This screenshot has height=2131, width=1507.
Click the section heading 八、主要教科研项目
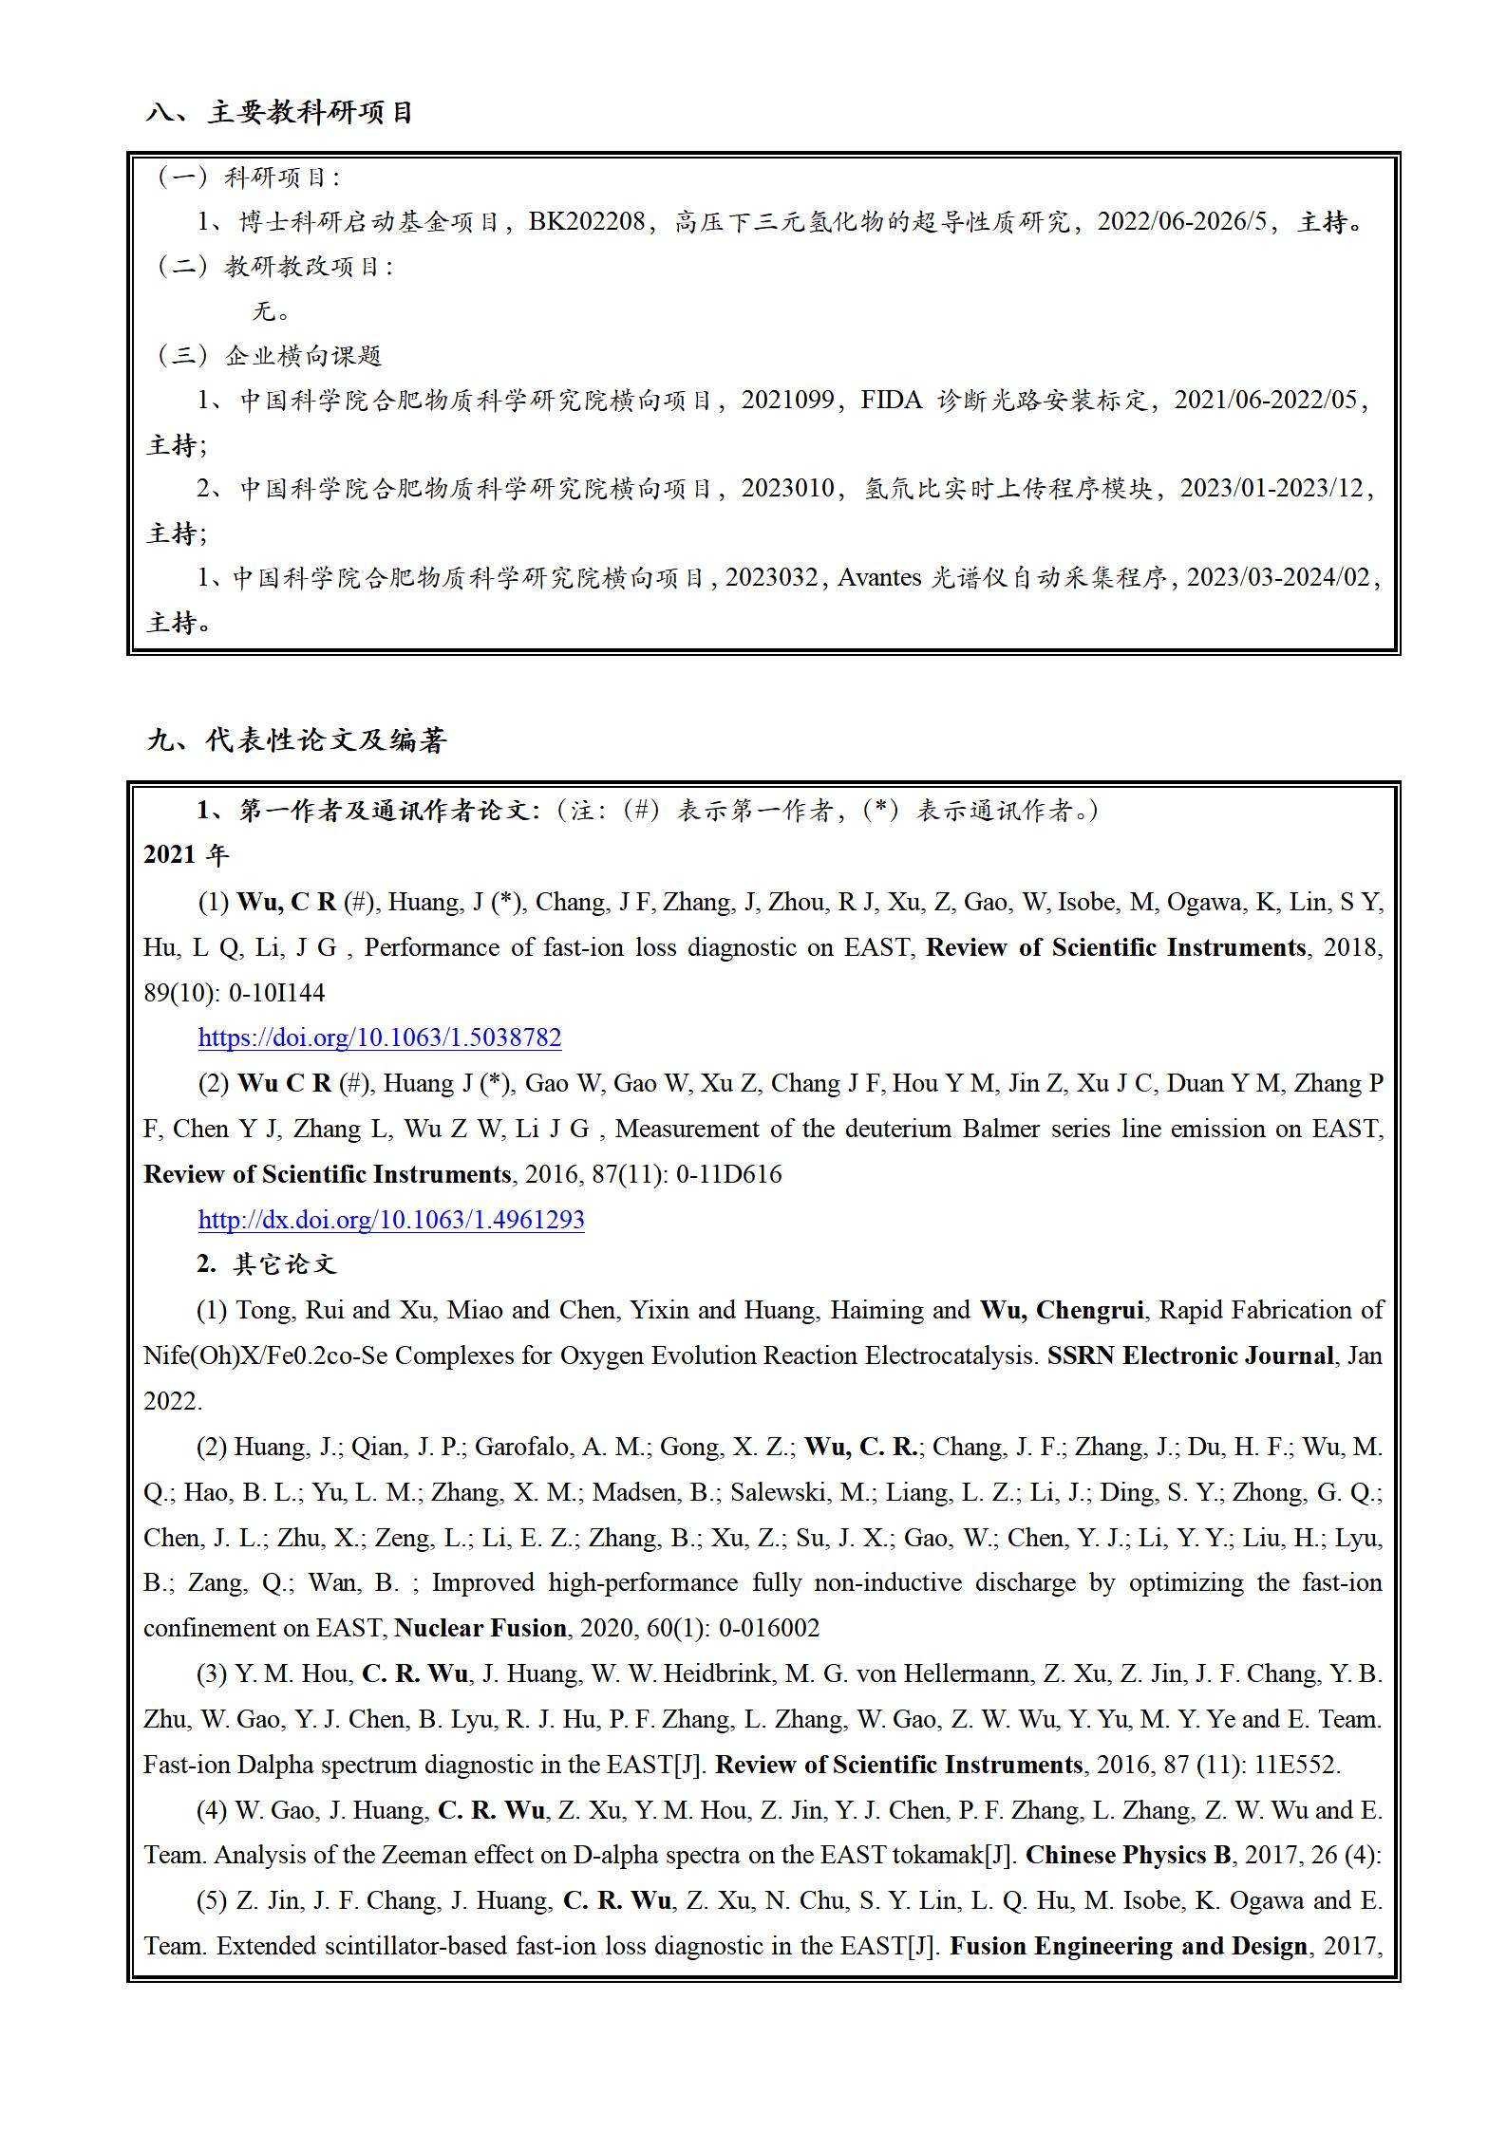coord(279,113)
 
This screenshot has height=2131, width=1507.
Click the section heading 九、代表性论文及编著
coord(296,740)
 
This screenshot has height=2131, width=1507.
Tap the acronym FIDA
coord(891,401)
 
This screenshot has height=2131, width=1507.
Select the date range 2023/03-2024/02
coord(1278,578)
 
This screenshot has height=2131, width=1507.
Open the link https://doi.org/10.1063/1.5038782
coord(380,1037)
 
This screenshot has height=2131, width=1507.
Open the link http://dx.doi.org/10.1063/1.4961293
coord(391,1220)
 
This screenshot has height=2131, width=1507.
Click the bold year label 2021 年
coord(186,855)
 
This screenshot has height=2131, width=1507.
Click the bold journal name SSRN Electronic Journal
coord(1191,1355)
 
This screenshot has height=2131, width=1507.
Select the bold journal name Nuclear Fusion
coord(480,1629)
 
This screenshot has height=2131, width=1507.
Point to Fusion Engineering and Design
coord(1128,1947)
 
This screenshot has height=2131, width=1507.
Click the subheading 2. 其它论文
coord(267,1264)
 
